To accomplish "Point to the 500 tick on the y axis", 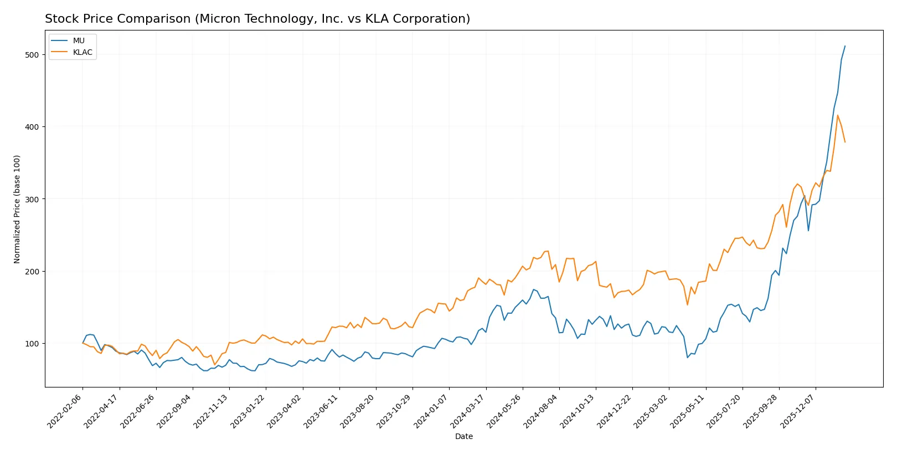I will tap(32, 55).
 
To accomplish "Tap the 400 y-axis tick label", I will tap(32, 127).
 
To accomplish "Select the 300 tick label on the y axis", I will tap(32, 199).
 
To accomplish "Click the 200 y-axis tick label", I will tap(32, 272).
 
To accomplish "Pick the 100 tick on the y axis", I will tap(32, 344).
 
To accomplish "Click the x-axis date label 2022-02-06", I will tap(65, 412).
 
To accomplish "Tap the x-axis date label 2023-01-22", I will tap(249, 412).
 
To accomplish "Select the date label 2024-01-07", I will tap(432, 412).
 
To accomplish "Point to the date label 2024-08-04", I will tap(542, 412).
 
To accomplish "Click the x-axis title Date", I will tap(463, 437).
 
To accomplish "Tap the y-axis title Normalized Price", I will tap(17, 209).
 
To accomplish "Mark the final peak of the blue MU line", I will tap(845, 46).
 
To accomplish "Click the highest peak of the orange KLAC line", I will tap(837, 115).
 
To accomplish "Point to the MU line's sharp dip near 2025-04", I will tap(688, 358).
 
